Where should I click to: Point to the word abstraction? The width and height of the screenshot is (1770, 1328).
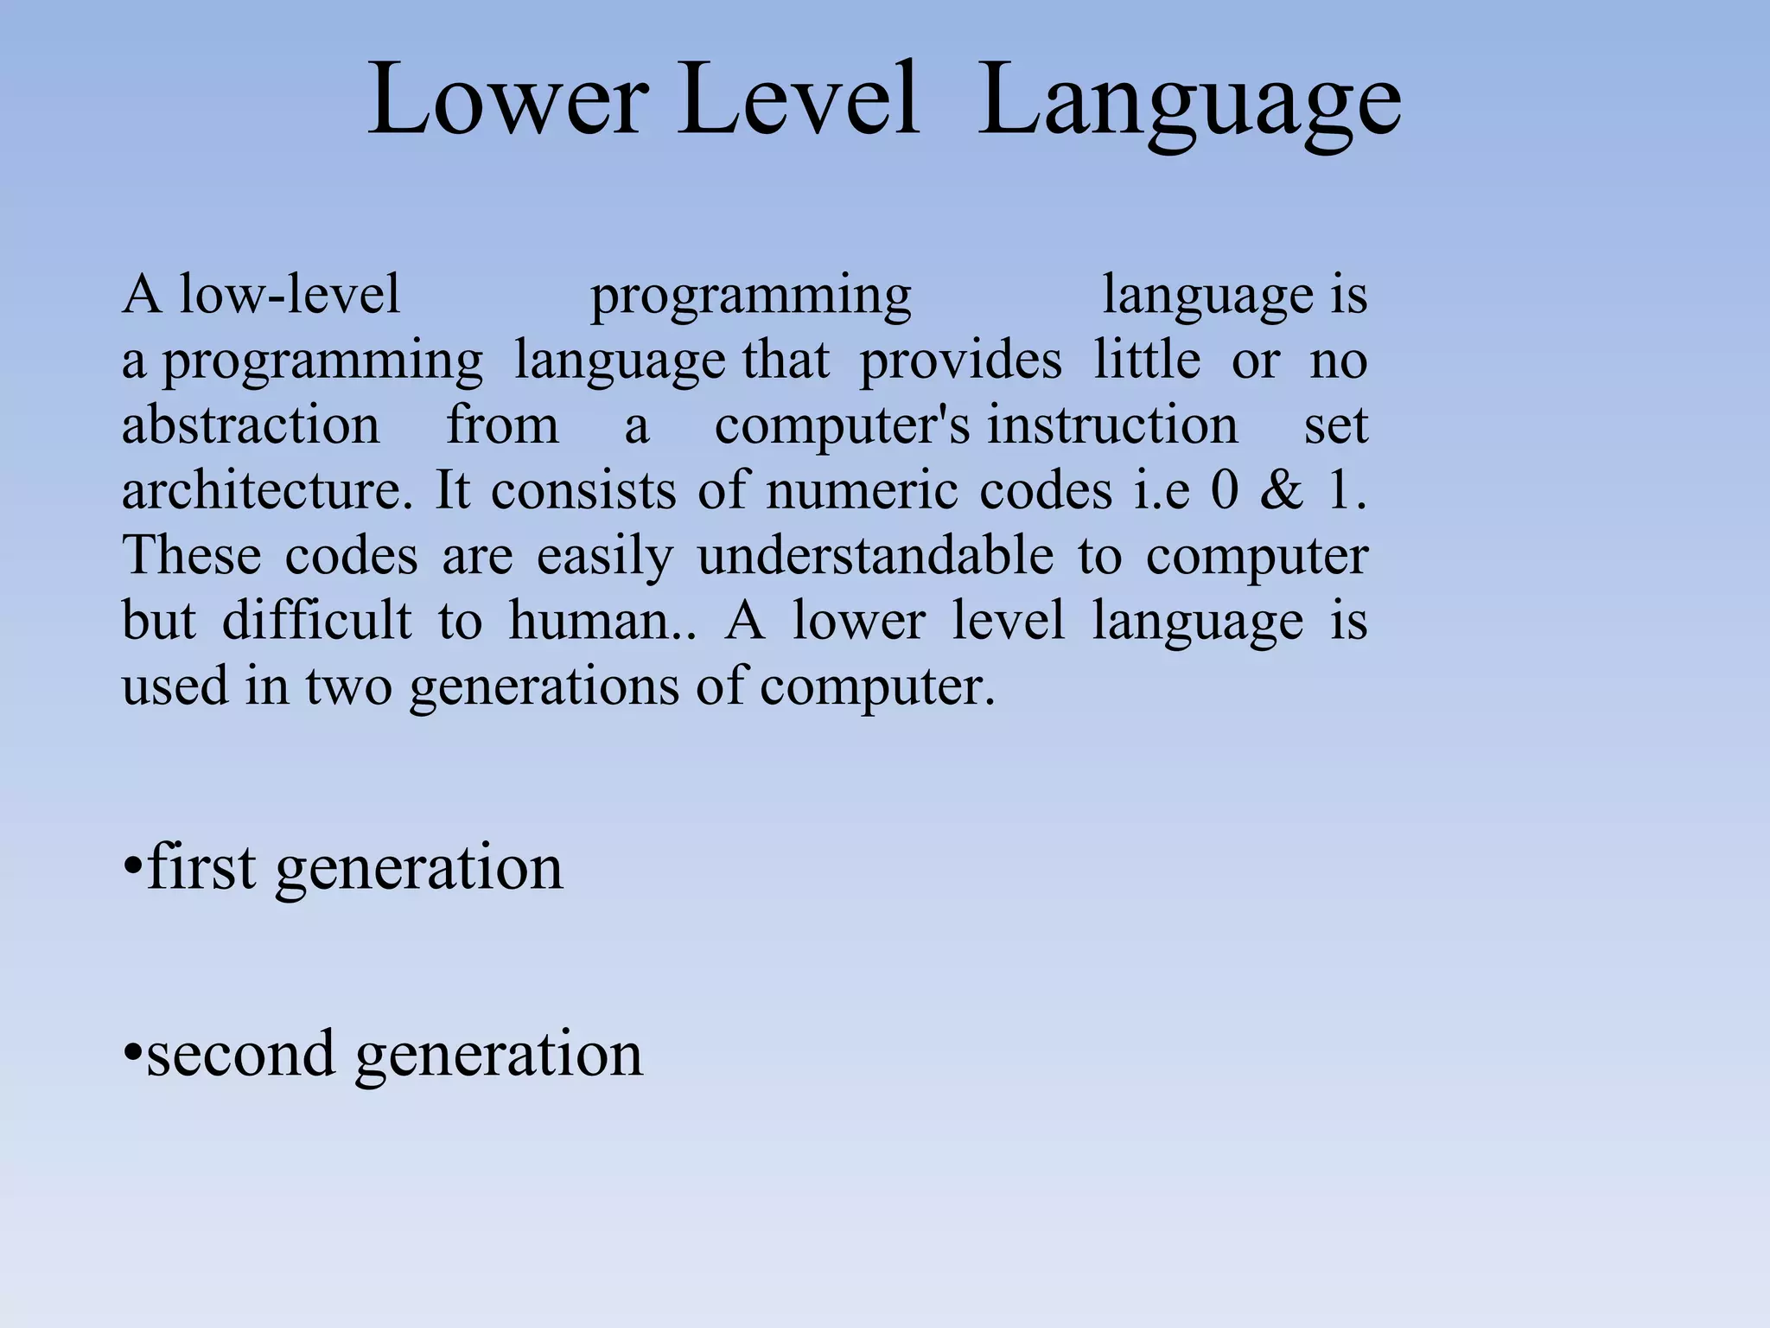tap(251, 425)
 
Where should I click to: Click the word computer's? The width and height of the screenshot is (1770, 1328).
tap(842, 427)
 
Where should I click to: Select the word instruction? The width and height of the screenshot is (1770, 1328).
tap(1113, 425)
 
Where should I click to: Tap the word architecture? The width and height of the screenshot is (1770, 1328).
tap(266, 490)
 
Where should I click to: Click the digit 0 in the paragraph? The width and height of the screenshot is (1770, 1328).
tap(1225, 490)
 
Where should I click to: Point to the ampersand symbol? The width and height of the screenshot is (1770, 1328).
tap(1282, 490)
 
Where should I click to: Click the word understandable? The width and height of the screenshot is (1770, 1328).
tap(875, 555)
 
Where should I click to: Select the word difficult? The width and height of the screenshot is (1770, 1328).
tap(317, 620)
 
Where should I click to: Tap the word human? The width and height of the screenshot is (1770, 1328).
tap(592, 621)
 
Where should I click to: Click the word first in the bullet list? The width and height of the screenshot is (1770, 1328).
tap(202, 866)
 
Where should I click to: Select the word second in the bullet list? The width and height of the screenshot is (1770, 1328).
tap(240, 1054)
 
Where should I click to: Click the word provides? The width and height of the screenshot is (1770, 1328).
tap(960, 361)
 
